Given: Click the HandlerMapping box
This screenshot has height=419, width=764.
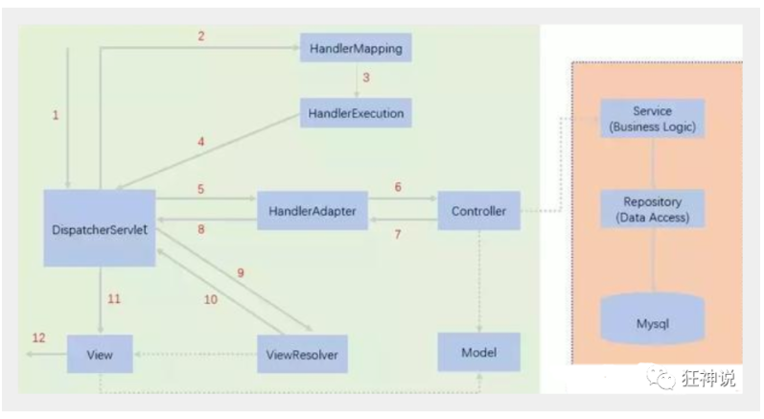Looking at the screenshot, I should [x=356, y=46].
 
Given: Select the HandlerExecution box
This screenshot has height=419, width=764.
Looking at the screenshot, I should [x=356, y=113].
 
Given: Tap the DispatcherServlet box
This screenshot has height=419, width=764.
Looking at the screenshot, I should [x=100, y=227].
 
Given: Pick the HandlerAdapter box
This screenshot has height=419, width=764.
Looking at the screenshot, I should [x=313, y=210].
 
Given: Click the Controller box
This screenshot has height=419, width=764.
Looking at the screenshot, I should [x=478, y=210].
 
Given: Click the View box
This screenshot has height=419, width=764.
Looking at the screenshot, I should [x=100, y=354].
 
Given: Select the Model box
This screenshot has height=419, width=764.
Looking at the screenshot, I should [x=478, y=352].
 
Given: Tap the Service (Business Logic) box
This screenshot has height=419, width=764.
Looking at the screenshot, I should [x=652, y=118].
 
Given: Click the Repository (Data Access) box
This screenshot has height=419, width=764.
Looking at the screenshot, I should [x=652, y=209].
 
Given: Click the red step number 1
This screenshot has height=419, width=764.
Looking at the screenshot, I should [x=56, y=115].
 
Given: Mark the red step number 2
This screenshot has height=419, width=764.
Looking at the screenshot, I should [x=201, y=36].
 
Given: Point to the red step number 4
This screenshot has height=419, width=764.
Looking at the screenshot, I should [x=201, y=142].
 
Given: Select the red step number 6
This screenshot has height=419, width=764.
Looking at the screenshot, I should [x=398, y=188].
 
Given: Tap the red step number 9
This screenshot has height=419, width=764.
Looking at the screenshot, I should [x=241, y=273].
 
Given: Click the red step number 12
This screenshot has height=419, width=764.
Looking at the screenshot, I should [x=38, y=338].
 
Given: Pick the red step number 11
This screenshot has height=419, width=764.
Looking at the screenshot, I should [x=114, y=299].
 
